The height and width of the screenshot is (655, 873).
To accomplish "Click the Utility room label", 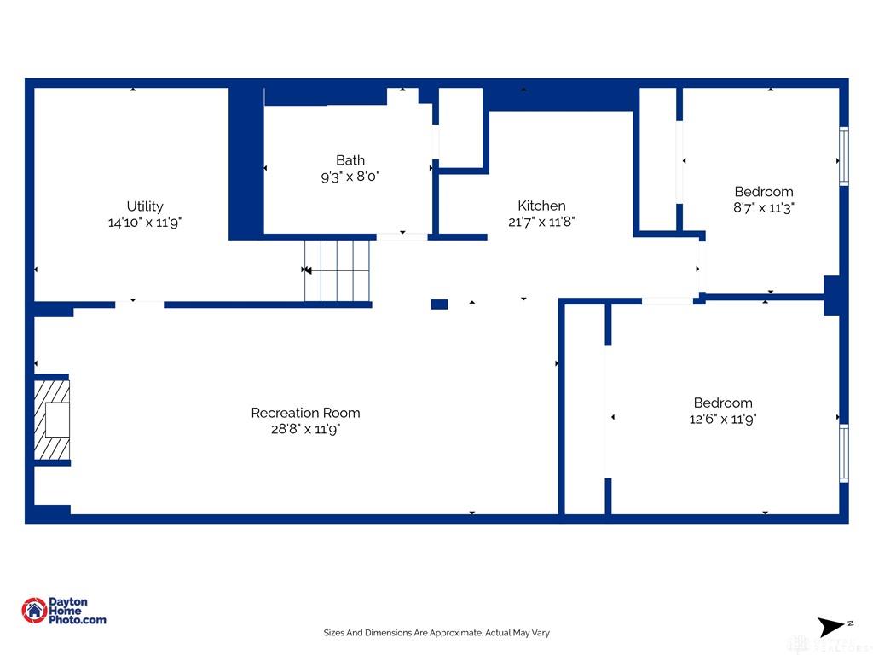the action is (145, 206).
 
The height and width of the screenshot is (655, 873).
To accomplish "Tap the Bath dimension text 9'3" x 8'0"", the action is (350, 177).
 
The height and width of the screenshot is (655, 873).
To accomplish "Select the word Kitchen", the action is (541, 206).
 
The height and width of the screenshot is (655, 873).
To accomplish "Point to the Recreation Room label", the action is (306, 413).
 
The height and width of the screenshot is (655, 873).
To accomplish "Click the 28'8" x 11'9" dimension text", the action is (306, 429).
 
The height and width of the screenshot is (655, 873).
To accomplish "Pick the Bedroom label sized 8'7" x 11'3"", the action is (764, 192).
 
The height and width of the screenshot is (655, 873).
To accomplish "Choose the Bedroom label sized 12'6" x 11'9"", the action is (723, 403).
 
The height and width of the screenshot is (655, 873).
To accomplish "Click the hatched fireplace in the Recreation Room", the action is (52, 420).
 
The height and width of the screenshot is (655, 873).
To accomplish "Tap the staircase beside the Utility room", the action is (337, 270).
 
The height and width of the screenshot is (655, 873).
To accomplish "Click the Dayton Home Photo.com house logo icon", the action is (34, 611).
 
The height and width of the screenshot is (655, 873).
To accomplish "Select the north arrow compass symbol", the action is (830, 627).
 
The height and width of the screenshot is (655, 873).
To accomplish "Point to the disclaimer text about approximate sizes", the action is (436, 633).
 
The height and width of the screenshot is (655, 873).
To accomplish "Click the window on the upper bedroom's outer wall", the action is (844, 156).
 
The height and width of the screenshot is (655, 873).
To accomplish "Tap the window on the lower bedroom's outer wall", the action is (844, 454).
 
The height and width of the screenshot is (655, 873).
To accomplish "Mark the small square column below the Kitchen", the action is (439, 304).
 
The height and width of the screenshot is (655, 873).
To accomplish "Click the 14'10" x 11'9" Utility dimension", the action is (145, 223).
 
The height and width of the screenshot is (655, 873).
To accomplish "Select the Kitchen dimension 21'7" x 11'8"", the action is (541, 222).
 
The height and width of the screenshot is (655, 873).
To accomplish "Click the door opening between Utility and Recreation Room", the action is (139, 304).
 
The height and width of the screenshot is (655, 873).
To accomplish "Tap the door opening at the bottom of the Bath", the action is (402, 237).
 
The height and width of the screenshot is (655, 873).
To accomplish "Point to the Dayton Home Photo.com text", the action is (78, 611).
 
